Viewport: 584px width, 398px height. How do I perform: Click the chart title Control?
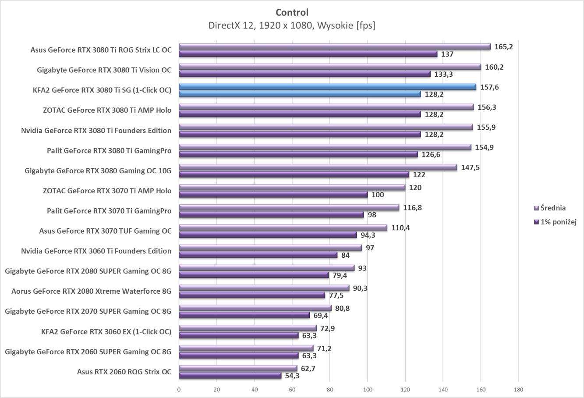(x=292, y=12)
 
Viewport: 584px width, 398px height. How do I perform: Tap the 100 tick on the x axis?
(x=368, y=390)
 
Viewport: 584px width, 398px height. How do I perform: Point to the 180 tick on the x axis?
(x=518, y=390)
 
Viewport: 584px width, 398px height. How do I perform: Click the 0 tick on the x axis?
(x=179, y=390)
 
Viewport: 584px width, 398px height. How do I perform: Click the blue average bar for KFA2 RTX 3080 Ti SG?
(x=327, y=87)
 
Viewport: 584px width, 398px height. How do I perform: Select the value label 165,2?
(x=504, y=47)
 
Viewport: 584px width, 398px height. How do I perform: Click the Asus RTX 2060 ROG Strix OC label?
(x=124, y=372)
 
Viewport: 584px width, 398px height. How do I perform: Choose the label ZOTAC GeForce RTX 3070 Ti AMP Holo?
(x=107, y=191)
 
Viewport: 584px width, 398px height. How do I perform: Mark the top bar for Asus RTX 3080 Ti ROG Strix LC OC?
(x=335, y=46)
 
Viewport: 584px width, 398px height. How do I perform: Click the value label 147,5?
(x=470, y=167)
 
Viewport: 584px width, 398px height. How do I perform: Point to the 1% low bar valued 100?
(x=273, y=195)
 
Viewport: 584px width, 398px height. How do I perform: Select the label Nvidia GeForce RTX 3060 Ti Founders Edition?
(x=96, y=251)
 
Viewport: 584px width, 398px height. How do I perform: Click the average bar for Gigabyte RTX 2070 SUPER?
(x=255, y=308)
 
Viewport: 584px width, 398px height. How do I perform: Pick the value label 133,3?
(x=444, y=74)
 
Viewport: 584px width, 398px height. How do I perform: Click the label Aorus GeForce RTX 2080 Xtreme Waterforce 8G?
(x=91, y=291)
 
